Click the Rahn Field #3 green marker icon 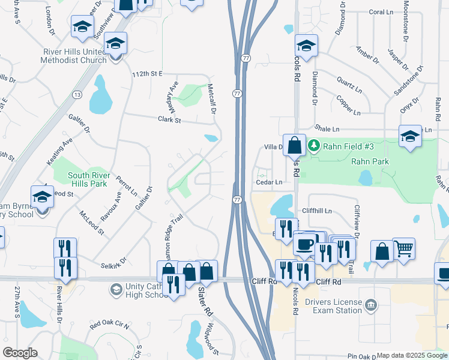tap(313, 146)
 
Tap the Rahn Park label tap(370, 161)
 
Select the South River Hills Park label tap(82, 180)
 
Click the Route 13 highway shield tap(77, 95)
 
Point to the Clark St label tap(169, 120)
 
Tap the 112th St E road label tap(148, 74)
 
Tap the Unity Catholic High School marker tap(116, 290)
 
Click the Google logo tap(20, 353)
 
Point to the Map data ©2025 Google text tap(412, 355)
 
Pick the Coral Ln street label tap(381, 12)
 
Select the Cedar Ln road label tap(269, 182)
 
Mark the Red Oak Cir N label tap(110, 326)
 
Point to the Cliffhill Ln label tap(325, 211)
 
